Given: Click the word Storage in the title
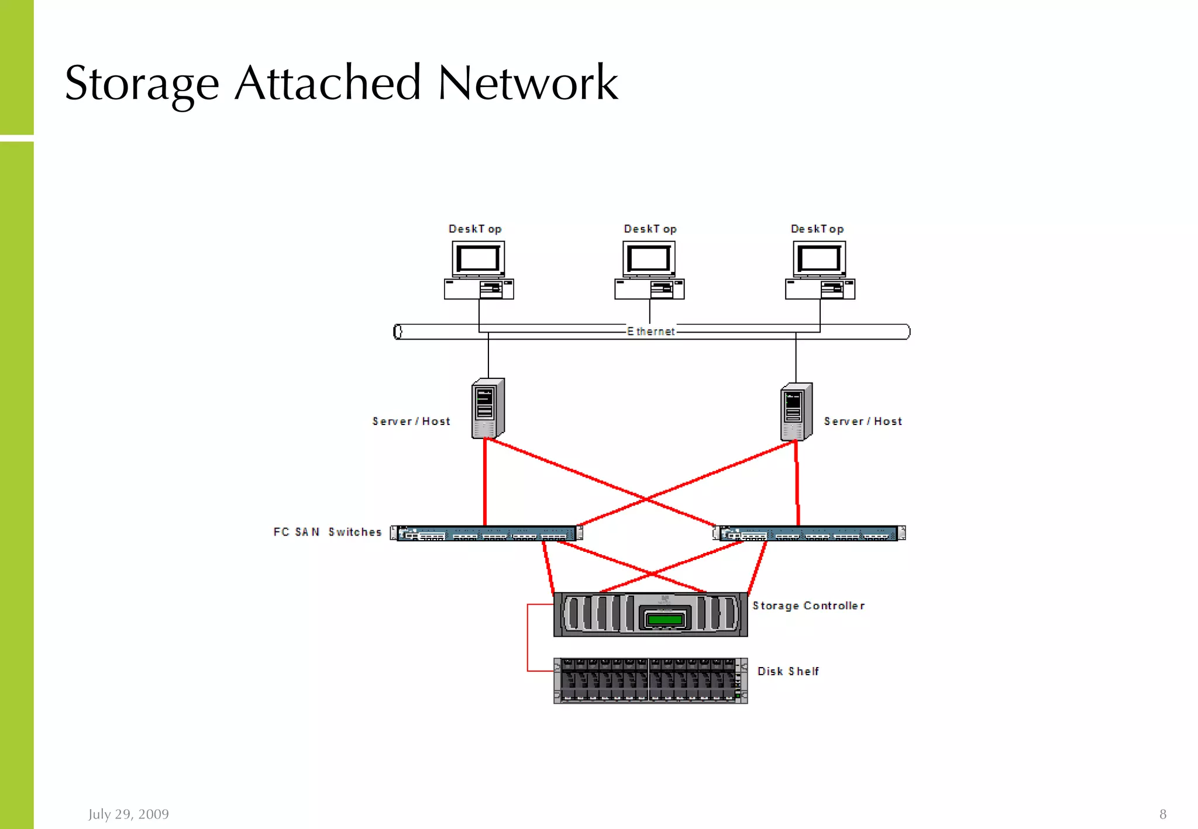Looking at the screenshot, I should (x=142, y=84).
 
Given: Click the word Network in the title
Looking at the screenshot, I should (x=528, y=84).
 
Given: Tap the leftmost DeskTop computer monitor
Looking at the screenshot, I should (x=478, y=258).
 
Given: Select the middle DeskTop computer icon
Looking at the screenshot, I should (x=649, y=270).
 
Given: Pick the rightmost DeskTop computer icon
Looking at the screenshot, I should (x=820, y=270).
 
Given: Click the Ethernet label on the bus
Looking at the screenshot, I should (x=651, y=331).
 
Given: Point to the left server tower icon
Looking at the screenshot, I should (x=487, y=409).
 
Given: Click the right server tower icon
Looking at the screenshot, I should (x=796, y=412).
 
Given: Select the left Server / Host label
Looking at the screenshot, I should (x=411, y=422).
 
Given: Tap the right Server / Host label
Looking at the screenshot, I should (x=863, y=422).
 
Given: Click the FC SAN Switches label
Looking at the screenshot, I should (x=327, y=532).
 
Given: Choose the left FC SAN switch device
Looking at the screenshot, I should (x=486, y=533).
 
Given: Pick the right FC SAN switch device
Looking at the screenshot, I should (x=809, y=533).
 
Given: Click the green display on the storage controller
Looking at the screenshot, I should (x=665, y=619).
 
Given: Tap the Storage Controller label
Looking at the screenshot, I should (x=808, y=606).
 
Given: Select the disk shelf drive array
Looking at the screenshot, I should (x=650, y=681).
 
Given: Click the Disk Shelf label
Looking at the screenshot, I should (x=788, y=672).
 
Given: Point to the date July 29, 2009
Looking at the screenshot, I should (x=129, y=814).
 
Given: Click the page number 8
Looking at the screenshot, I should (x=1162, y=814).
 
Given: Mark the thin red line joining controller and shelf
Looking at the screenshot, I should (x=528, y=638).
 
